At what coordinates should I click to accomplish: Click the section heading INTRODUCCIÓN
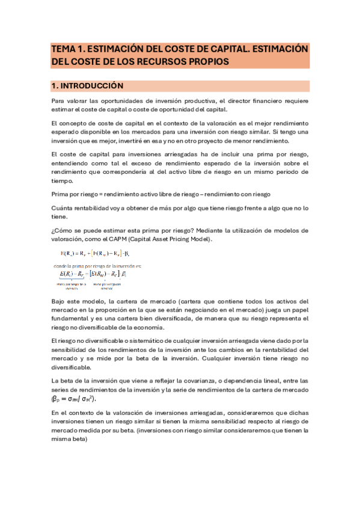[x=91, y=86]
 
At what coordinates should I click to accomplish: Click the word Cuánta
[x=63, y=207]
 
